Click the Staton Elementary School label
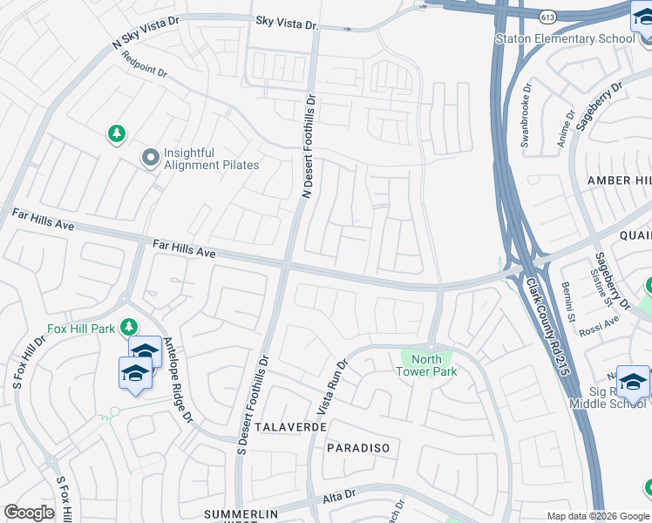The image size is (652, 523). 564,38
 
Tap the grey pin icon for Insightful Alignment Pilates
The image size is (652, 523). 151,158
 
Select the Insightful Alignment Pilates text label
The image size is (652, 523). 212,159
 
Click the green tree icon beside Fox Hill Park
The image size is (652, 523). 129,327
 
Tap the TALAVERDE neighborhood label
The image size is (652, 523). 290,427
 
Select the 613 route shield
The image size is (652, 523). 547,17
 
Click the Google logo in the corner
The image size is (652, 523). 29,513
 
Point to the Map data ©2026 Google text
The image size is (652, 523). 598,516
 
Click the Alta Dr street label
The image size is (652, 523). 340,497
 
